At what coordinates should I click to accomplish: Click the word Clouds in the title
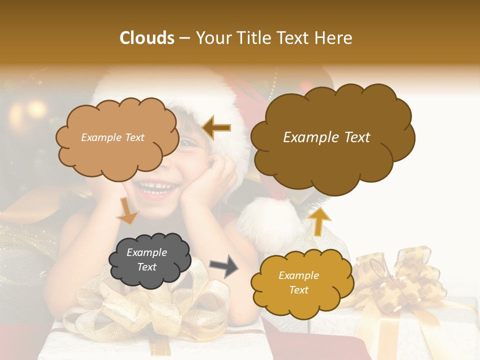pyautogui.click(x=147, y=38)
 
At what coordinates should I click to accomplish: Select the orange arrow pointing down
pyautogui.click(x=127, y=210)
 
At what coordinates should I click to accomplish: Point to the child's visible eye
pyautogui.click(x=189, y=143)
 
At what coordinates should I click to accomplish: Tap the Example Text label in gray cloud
pyautogui.click(x=147, y=260)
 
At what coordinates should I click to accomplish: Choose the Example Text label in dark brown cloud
pyautogui.click(x=326, y=137)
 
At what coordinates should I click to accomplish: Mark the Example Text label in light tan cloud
pyautogui.click(x=112, y=137)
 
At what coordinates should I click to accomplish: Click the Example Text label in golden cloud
pyautogui.click(x=298, y=282)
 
